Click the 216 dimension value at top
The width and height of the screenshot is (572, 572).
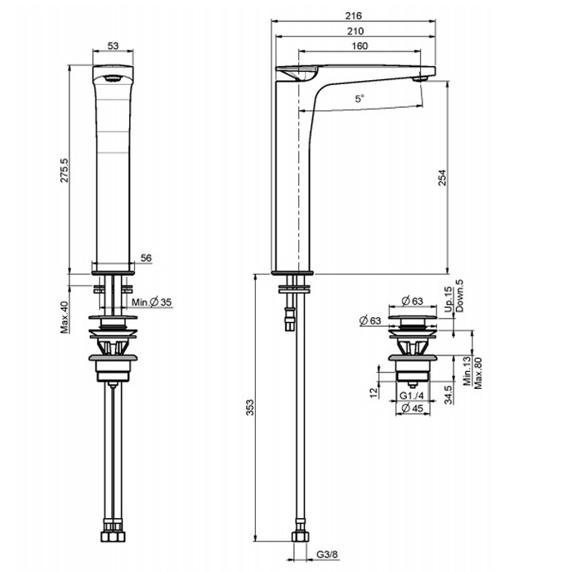(354, 16)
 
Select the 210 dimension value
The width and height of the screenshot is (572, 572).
(355, 31)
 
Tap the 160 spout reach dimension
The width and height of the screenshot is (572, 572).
(360, 46)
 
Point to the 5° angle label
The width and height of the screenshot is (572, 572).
(360, 99)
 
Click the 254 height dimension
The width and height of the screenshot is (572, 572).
(442, 177)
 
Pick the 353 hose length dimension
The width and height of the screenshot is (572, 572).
(250, 408)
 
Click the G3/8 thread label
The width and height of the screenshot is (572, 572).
(327, 555)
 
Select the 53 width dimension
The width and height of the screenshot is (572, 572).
(113, 46)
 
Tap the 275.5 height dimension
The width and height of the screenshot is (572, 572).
(65, 170)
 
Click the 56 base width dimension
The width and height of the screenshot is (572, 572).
(146, 258)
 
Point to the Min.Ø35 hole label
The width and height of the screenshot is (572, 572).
(151, 302)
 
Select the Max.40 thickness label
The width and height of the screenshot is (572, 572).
(65, 317)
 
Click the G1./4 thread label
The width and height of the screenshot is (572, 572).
(412, 395)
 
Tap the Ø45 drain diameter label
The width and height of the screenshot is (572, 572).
(412, 408)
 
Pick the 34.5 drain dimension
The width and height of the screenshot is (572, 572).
(449, 395)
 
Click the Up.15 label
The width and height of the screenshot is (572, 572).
(449, 300)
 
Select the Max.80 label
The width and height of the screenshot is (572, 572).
(477, 373)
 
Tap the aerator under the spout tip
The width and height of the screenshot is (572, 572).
(420, 78)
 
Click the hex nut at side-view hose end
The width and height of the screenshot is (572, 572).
(301, 537)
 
